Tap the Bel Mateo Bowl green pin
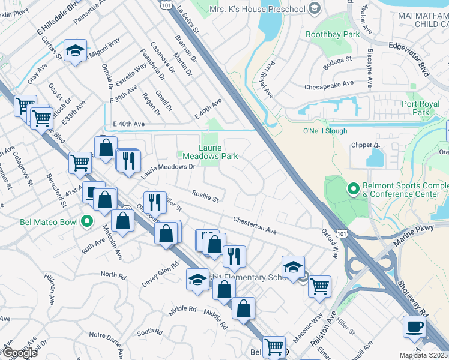click(x=86, y=222)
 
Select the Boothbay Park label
click(x=333, y=35)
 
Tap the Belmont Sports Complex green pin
click(x=353, y=190)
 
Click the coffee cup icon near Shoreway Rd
click(x=415, y=328)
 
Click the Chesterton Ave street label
click(x=255, y=226)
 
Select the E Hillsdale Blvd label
click(x=57, y=20)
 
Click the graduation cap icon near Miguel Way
click(x=75, y=52)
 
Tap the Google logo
click(x=20, y=353)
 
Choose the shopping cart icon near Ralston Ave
click(x=320, y=286)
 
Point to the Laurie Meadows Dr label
click(x=169, y=171)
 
